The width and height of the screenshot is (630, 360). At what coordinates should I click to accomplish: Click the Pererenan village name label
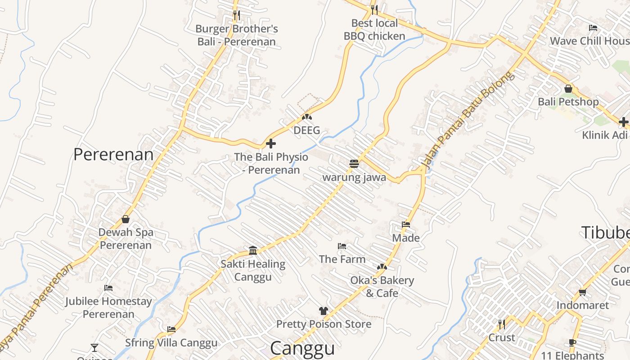coord(113,154)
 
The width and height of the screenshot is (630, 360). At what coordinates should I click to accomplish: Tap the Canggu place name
coord(302,348)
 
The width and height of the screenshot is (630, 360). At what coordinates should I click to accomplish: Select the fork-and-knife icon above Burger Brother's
coord(237,15)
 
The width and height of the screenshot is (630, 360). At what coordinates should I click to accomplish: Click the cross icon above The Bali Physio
coord(271,144)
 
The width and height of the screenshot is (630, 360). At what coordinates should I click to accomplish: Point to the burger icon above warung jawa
coord(354,163)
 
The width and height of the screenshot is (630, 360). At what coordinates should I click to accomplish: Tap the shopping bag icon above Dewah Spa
coord(126,219)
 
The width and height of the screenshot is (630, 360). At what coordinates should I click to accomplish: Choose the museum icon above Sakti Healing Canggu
coord(253,250)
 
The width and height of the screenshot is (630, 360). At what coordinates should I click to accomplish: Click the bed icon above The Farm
coord(342,246)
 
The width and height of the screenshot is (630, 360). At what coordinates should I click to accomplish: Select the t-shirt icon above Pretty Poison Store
coord(323,310)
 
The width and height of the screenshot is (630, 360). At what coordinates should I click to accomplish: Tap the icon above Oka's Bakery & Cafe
coord(382,267)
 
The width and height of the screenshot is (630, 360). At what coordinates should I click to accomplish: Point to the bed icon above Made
coord(406,224)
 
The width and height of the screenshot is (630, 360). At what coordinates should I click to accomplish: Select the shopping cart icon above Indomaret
coord(582,292)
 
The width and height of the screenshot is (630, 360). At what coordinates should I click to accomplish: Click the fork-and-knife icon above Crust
coord(502,324)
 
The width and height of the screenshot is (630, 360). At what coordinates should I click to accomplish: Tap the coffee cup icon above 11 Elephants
coord(572,342)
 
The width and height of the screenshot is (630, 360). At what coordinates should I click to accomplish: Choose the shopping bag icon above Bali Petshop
coord(568,89)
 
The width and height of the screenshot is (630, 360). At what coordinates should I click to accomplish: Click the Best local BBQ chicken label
coord(374,30)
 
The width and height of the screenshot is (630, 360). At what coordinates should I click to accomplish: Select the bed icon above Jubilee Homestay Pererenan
coord(108,288)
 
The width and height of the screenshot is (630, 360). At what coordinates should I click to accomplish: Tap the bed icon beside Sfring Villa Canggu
coord(171,329)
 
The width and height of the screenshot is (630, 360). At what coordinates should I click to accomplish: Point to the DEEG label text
coord(307,130)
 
